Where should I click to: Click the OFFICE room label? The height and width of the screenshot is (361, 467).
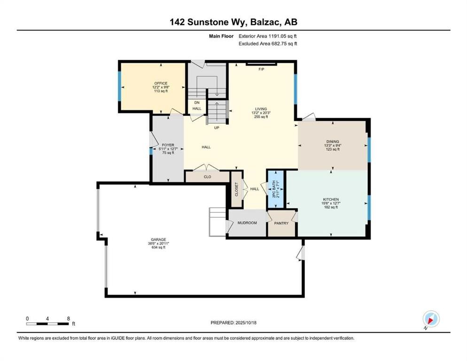click(x=161, y=83)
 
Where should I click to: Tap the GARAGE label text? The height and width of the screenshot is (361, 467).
click(x=158, y=240)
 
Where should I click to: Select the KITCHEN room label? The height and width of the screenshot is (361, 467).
click(x=331, y=199)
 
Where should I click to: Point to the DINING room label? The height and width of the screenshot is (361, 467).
click(x=333, y=141)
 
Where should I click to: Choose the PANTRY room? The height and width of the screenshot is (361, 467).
click(x=281, y=223)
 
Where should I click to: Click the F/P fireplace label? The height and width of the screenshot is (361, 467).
click(x=262, y=70)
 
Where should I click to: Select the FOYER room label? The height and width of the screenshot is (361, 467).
click(x=168, y=145)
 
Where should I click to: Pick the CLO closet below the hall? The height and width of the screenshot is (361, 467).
click(x=207, y=177)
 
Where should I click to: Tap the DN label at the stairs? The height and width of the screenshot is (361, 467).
click(x=196, y=102)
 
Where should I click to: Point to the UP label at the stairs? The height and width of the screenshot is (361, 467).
click(x=217, y=127)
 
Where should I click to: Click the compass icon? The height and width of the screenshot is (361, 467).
click(x=431, y=319)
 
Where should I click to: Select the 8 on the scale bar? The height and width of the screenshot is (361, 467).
click(x=69, y=318)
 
